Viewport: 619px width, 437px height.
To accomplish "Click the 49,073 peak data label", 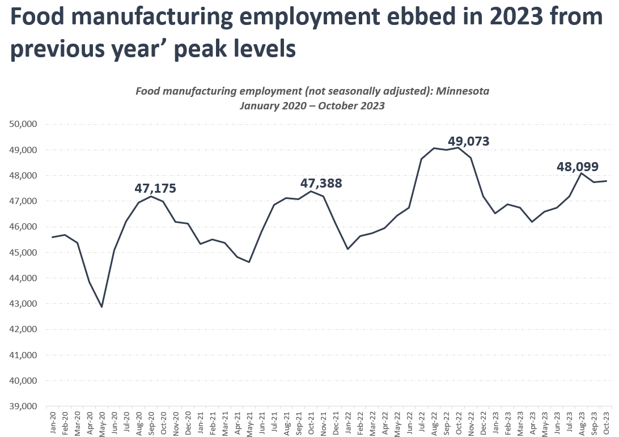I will (x=468, y=141).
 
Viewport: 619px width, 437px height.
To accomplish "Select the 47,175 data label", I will (x=155, y=188).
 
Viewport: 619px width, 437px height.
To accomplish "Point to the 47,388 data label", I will (x=321, y=184).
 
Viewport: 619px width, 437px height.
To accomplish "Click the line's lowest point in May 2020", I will (x=102, y=307).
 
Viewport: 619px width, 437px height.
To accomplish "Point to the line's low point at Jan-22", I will (x=348, y=249).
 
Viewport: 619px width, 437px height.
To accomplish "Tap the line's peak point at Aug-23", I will (x=582, y=173).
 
